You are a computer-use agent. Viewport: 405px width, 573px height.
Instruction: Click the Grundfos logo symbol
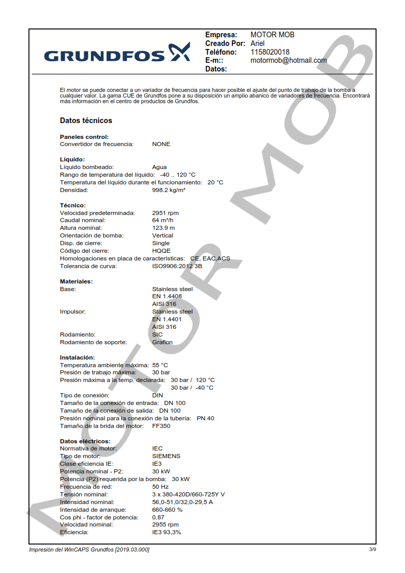[179, 52]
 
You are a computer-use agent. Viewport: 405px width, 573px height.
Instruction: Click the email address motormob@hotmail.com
[288, 60]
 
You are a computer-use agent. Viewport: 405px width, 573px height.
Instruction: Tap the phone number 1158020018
[270, 52]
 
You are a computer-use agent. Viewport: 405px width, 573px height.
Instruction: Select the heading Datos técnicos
[86, 121]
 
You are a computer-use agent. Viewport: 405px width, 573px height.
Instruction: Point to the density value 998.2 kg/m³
[169, 190]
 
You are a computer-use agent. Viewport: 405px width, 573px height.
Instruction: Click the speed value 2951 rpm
[165, 213]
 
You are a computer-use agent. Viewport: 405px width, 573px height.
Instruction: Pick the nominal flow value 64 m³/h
[163, 221]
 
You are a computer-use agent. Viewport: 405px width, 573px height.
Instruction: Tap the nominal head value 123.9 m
[163, 228]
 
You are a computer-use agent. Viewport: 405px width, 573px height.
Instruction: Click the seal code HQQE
[161, 251]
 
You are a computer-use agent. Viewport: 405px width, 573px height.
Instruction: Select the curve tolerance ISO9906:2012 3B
[177, 266]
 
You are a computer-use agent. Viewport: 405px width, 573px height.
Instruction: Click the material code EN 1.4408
[167, 296]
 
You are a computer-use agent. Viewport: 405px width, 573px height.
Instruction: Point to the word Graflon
[162, 342]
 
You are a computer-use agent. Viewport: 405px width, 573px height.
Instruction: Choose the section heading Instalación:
[77, 357]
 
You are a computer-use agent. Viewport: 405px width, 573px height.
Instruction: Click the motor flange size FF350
[161, 426]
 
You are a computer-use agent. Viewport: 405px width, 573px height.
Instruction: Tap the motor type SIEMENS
[166, 456]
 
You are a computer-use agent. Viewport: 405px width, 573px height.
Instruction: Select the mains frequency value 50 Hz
[160, 487]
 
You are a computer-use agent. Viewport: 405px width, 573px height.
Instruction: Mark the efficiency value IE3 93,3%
[166, 532]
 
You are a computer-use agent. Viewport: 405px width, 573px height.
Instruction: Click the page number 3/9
[372, 550]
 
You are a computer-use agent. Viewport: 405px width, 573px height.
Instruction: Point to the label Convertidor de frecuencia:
[97, 144]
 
